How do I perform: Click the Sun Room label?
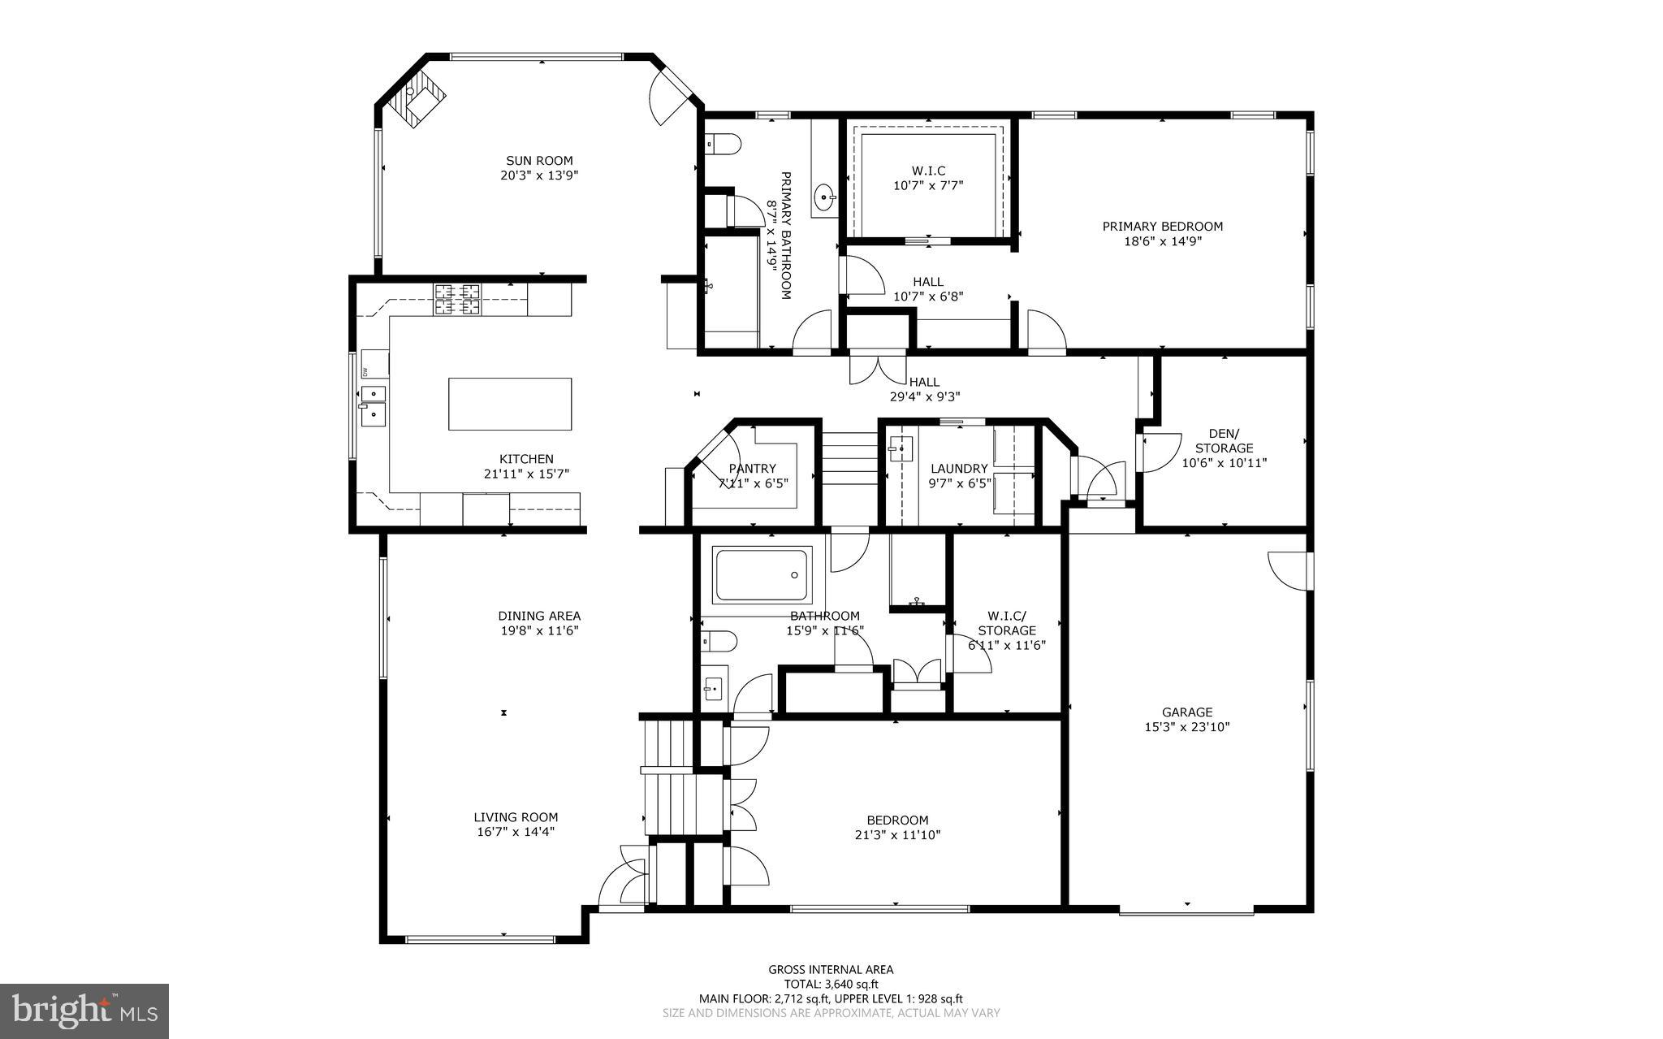click(x=539, y=161)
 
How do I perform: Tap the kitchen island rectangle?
click(x=510, y=404)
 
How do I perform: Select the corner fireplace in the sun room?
click(x=415, y=97)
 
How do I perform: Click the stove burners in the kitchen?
click(x=457, y=299)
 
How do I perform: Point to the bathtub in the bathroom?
click(x=762, y=575)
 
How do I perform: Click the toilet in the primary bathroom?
click(x=723, y=145)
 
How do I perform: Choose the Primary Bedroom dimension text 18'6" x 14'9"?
click(x=1162, y=241)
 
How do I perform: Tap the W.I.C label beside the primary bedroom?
click(x=928, y=171)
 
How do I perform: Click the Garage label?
click(x=1186, y=712)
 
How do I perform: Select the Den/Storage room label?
click(x=1224, y=441)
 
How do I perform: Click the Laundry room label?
click(x=959, y=469)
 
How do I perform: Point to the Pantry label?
click(x=753, y=469)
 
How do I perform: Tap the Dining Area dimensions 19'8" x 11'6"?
click(x=539, y=630)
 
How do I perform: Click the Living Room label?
click(x=516, y=817)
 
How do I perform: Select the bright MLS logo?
click(x=84, y=1011)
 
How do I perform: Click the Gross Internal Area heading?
click(x=831, y=969)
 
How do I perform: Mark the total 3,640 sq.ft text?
click(x=831, y=984)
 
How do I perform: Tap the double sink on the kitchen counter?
click(x=374, y=405)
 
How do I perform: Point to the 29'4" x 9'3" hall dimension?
click(x=925, y=396)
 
